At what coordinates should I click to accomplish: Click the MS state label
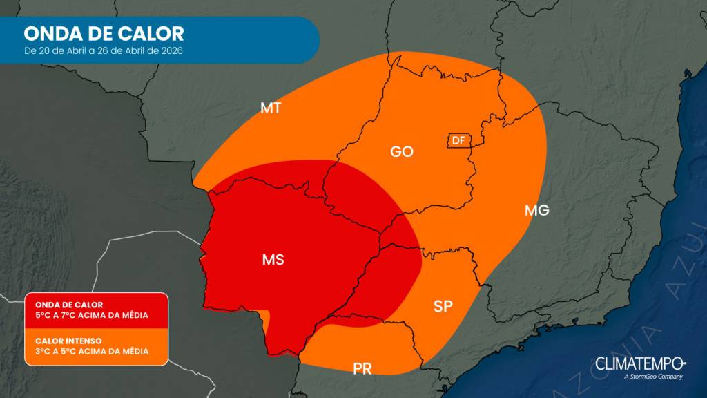[273, 260]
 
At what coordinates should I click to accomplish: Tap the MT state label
[269, 108]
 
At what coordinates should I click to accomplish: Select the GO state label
[401, 151]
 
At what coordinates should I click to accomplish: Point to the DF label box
[458, 140]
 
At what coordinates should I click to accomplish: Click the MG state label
[536, 210]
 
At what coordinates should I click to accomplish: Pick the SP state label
[443, 306]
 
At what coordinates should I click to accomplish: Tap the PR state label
[362, 369]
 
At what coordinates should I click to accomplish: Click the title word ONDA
[52, 33]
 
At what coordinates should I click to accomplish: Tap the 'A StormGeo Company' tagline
[652, 377]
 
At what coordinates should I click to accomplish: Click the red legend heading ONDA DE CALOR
[69, 304]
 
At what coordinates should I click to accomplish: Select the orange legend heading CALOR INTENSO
[68, 340]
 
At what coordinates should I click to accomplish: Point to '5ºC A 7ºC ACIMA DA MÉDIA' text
[91, 315]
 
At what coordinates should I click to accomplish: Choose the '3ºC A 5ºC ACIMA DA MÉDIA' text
[91, 351]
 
